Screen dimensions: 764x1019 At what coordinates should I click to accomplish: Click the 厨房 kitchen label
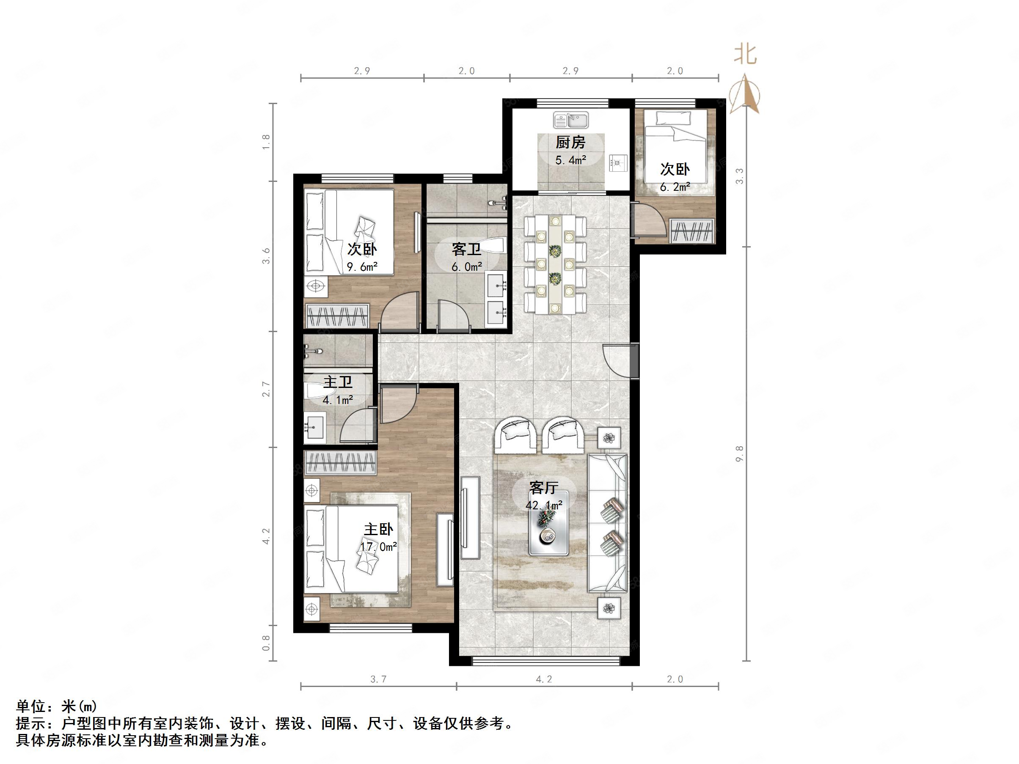(x=570, y=142)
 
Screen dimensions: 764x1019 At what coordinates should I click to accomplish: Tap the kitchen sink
(x=571, y=121)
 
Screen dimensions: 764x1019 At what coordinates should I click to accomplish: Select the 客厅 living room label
(x=544, y=487)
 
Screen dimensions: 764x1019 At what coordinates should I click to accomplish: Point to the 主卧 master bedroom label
(x=379, y=529)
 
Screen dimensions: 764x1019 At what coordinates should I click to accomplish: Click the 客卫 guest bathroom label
(x=466, y=249)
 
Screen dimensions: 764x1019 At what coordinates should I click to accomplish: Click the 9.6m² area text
(x=362, y=267)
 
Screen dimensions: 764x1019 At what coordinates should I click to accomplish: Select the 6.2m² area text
(x=675, y=187)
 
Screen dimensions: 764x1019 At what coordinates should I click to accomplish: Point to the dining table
(x=556, y=265)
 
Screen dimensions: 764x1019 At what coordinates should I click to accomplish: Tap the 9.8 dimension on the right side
(x=740, y=453)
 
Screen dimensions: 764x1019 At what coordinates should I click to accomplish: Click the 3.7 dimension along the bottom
(x=378, y=679)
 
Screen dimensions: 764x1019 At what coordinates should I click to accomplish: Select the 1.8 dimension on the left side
(x=266, y=142)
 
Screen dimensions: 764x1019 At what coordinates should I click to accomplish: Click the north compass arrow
(x=745, y=95)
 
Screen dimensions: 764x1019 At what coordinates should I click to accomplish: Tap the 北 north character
(x=745, y=54)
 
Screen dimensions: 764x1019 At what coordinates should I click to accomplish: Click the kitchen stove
(x=618, y=162)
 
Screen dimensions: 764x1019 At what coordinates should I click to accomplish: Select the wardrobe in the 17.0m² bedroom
(x=340, y=462)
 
